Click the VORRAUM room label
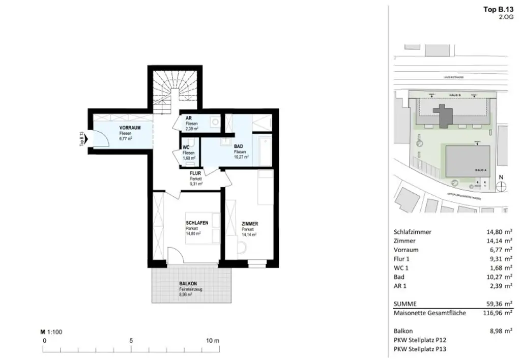pyautogui.click(x=129, y=127)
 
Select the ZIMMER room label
pyautogui.click(x=250, y=224)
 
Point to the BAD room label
pyautogui.click(x=239, y=146)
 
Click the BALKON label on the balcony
pyautogui.click(x=188, y=284)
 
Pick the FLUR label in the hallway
pyautogui.click(x=196, y=174)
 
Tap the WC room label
pyautogui.click(x=186, y=147)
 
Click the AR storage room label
pyautogui.click(x=188, y=118)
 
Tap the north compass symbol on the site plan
pyautogui.click(x=501, y=186)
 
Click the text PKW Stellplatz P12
pyautogui.click(x=420, y=340)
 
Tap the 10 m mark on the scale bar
pyautogui.click(x=213, y=340)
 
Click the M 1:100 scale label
pyautogui.click(x=51, y=332)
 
